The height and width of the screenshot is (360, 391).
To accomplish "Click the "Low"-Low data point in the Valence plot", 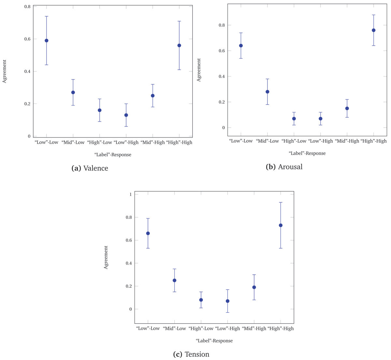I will (x=47, y=41).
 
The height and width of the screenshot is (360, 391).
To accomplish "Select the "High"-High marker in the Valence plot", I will (x=179, y=46).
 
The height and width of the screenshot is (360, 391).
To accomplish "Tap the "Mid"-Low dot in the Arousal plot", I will (x=268, y=92).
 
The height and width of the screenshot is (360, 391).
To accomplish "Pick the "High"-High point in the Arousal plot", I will (x=374, y=30).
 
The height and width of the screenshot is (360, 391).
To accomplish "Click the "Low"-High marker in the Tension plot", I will (x=227, y=301).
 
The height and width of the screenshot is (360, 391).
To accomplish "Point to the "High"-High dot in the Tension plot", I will (x=281, y=225).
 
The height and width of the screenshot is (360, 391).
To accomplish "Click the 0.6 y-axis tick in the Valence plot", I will (x=27, y=39).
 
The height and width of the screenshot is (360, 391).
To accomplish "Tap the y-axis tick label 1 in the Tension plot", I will (x=130, y=194).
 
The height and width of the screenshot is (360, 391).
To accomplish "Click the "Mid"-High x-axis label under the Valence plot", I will (x=152, y=142).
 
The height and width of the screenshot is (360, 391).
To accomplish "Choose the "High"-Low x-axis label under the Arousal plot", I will (x=294, y=141).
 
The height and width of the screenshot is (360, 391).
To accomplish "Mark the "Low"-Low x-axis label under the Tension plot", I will (x=148, y=328).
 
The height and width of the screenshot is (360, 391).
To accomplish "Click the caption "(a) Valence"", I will (x=90, y=168).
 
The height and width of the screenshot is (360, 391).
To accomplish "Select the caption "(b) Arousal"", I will (x=284, y=167).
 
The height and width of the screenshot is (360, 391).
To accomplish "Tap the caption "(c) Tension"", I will (x=191, y=354).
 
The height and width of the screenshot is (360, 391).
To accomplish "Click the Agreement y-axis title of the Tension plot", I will (x=106, y=257).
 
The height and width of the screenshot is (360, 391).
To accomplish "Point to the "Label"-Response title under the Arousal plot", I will (x=307, y=153).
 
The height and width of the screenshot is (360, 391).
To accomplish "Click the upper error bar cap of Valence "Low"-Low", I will (x=47, y=16).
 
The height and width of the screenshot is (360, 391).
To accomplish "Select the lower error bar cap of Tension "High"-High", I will (x=281, y=248).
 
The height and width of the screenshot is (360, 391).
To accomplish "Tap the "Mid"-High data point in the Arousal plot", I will (x=347, y=108).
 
